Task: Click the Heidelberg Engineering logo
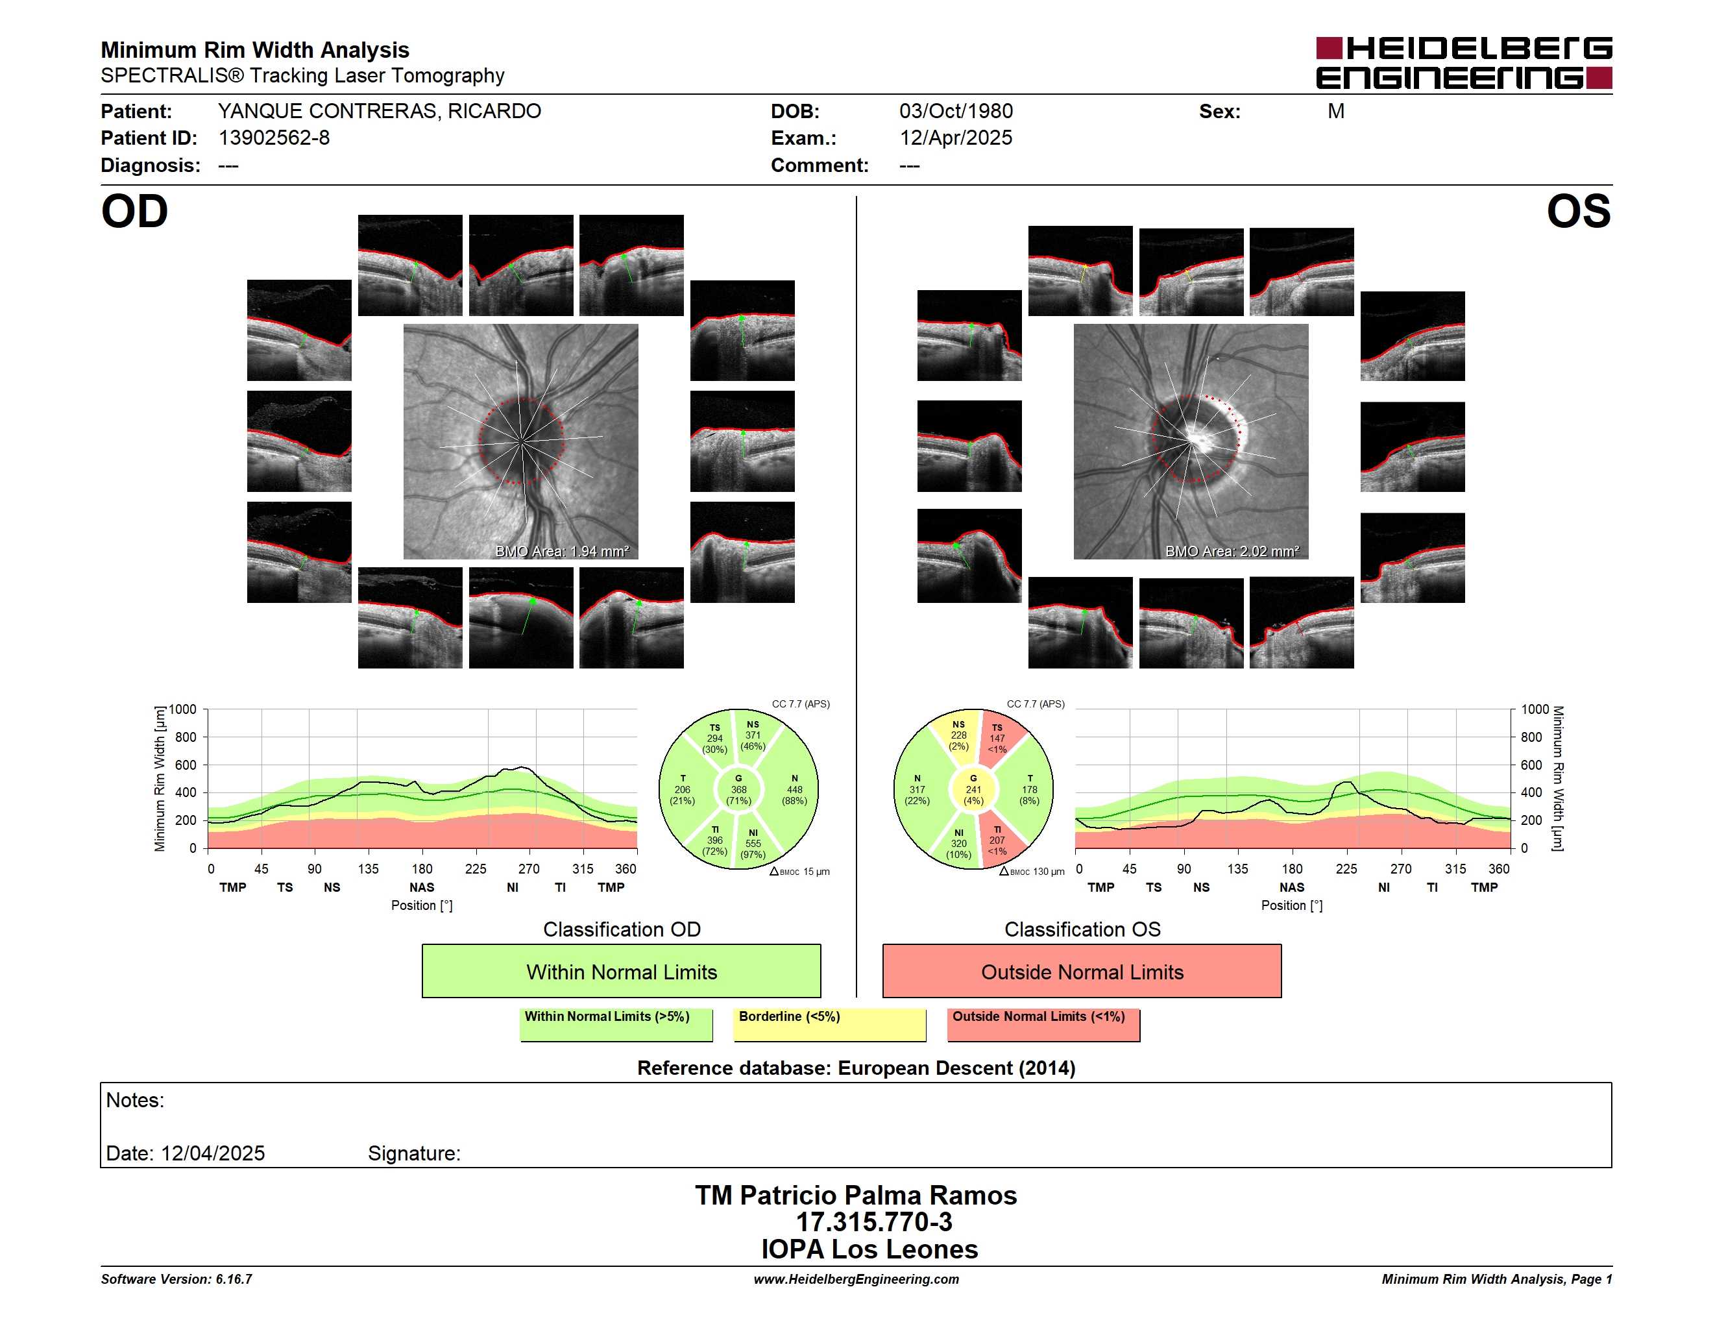pyautogui.click(x=1464, y=63)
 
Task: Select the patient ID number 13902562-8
pyautogui.click(x=274, y=138)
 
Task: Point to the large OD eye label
pyautogui.click(x=134, y=212)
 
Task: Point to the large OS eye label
pyautogui.click(x=1578, y=212)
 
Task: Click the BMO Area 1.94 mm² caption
pyautogui.click(x=561, y=552)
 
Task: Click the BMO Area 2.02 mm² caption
pyautogui.click(x=1232, y=552)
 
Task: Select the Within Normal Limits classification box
pyautogui.click(x=621, y=971)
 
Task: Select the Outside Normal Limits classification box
pyautogui.click(x=1082, y=971)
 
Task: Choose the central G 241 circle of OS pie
pyautogui.click(x=973, y=790)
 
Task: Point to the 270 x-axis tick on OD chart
pyautogui.click(x=529, y=868)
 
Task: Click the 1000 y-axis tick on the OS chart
pyautogui.click(x=1535, y=710)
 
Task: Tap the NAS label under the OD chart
pyautogui.click(x=422, y=887)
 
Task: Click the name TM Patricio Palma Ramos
pyautogui.click(x=856, y=1195)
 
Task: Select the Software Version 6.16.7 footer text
pyautogui.click(x=176, y=1279)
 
